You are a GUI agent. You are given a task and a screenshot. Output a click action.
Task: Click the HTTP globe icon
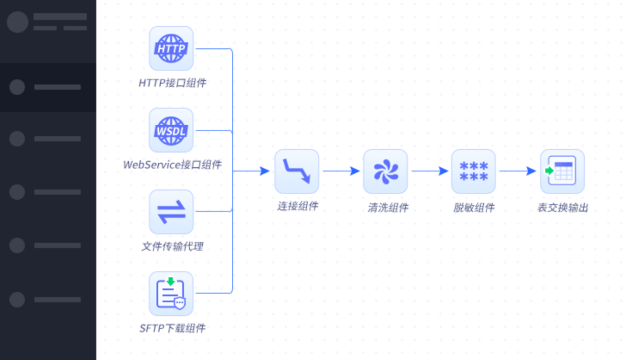coord(171,48)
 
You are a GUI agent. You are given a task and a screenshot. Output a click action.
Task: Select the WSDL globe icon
coord(171,130)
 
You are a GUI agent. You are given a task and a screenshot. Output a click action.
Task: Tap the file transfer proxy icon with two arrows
coord(171,211)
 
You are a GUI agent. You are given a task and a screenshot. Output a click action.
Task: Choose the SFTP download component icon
coord(171,293)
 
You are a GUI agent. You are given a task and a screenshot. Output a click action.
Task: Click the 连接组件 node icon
coord(297,171)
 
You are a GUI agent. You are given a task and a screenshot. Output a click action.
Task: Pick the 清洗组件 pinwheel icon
coord(385,171)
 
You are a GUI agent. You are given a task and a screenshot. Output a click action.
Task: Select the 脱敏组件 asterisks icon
coord(473,171)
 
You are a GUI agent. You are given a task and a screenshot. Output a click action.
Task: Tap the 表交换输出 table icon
coord(562,171)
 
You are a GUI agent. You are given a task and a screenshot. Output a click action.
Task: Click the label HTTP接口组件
coord(172,83)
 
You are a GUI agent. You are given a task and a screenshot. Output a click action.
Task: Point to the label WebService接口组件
coord(172,165)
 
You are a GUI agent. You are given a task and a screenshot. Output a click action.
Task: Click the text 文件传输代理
coord(172,246)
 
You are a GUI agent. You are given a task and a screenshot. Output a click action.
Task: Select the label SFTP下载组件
coord(172,328)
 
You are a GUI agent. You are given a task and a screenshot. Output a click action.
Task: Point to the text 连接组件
coord(297,206)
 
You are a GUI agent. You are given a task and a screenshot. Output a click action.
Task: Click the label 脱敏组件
coord(474,207)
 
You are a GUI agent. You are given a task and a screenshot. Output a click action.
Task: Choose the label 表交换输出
coord(563,207)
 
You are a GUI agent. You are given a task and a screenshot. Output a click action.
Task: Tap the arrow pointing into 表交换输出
coord(518,171)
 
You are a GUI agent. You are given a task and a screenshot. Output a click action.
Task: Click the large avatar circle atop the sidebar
coord(17,22)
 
